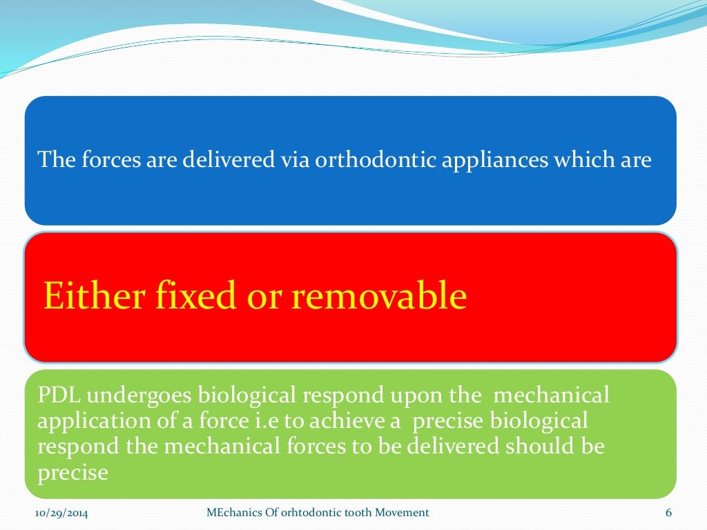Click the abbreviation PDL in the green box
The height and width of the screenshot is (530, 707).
59,395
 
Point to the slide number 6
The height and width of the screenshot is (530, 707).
668,513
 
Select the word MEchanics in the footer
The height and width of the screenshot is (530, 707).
235,513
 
